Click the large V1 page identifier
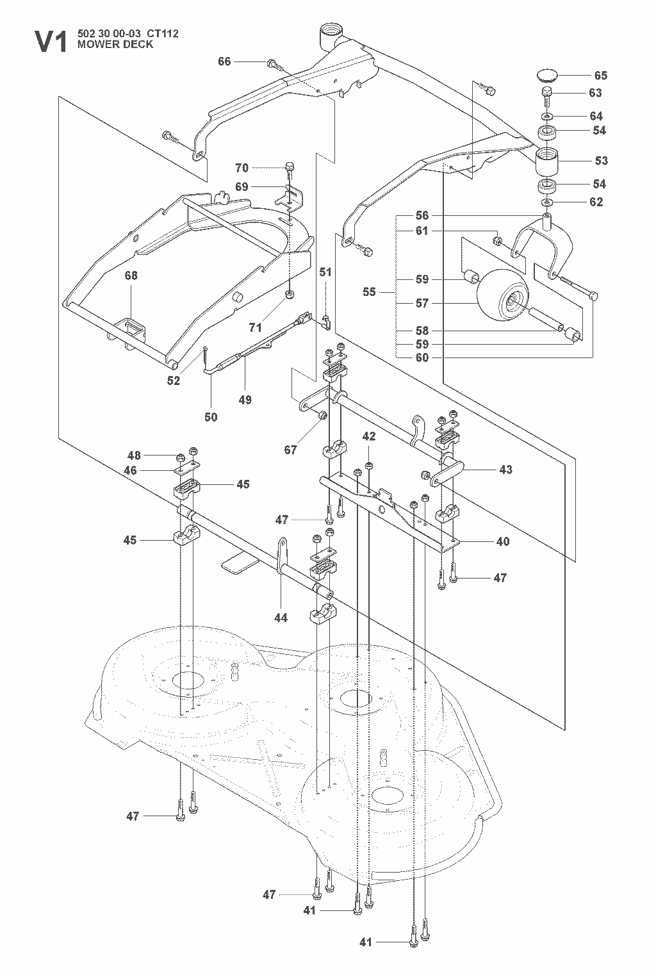pos(51,42)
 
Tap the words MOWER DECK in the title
pos(115,44)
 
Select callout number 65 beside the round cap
pos(601,76)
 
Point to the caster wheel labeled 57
pos(502,295)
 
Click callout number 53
pos(601,161)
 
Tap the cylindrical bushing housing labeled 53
pos(547,161)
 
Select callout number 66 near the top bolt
pos(224,62)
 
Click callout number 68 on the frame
pos(131,275)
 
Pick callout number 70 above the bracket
pos(242,168)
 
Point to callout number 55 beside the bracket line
pos(369,291)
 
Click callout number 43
pos(505,470)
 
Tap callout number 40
pos(503,542)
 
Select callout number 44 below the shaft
pos(281,618)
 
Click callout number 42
pos(369,436)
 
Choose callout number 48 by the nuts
pos(134,456)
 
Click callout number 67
pos(290,450)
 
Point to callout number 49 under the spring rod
pos(245,400)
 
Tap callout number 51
pos(325,272)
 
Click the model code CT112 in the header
pos(166,34)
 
